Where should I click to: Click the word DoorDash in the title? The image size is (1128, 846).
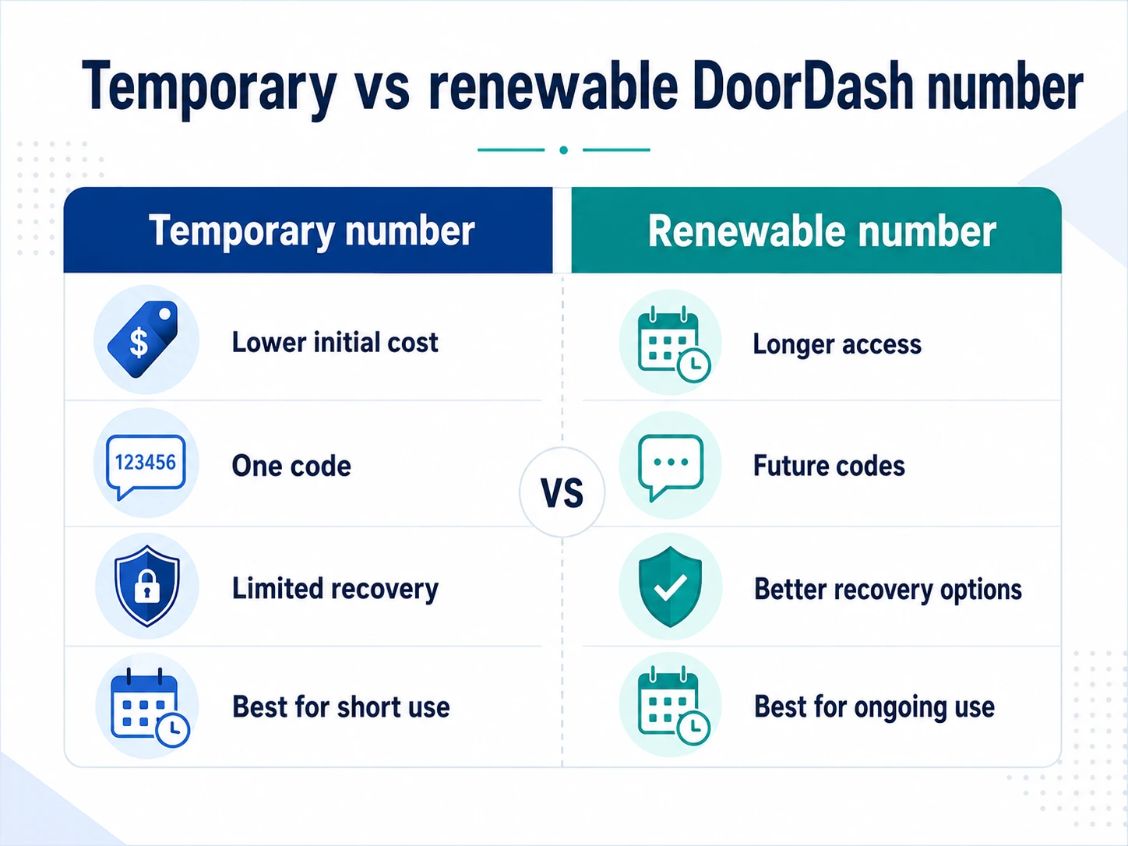(x=802, y=86)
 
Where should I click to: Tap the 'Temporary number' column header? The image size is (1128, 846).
(x=312, y=231)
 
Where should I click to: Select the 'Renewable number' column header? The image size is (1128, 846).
(x=822, y=231)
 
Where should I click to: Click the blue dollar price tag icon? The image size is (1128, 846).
(x=143, y=339)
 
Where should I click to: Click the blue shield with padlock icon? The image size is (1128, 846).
(x=147, y=586)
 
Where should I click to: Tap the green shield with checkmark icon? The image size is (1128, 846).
(x=670, y=587)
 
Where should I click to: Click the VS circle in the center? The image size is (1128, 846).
(x=562, y=492)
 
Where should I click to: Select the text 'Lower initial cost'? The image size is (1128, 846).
(x=335, y=342)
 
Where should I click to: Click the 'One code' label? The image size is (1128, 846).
(x=291, y=466)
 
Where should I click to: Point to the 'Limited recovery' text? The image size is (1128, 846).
(x=335, y=589)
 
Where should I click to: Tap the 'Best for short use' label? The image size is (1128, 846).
(x=340, y=707)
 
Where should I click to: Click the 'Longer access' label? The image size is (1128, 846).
(x=837, y=344)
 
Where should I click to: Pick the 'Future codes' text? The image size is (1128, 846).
(x=829, y=466)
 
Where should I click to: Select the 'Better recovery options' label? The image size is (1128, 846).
(x=888, y=589)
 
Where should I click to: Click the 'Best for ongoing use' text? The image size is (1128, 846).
(x=874, y=707)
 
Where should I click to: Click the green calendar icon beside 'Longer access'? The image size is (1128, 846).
(x=674, y=344)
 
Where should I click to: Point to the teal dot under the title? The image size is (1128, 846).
(x=564, y=150)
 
